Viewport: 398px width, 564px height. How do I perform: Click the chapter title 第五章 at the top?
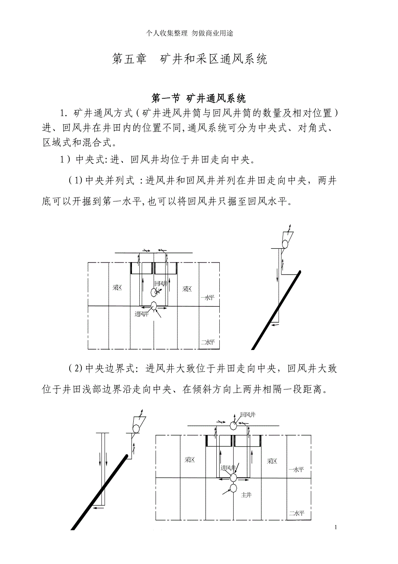129,59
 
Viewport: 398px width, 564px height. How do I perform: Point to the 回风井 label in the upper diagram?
160,284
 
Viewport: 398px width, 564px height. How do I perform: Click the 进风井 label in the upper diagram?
141,314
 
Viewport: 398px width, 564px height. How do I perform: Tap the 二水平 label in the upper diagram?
208,342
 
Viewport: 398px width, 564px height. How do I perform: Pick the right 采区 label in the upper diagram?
187,289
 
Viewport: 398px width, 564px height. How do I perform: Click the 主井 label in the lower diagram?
246,495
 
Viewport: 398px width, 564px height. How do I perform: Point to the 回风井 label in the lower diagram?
247,415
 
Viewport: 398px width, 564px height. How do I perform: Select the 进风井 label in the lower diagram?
228,468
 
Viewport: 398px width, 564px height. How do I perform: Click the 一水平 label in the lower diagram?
296,470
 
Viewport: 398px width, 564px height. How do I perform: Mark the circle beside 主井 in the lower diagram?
234,488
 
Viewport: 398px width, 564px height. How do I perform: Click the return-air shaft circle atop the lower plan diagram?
234,426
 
